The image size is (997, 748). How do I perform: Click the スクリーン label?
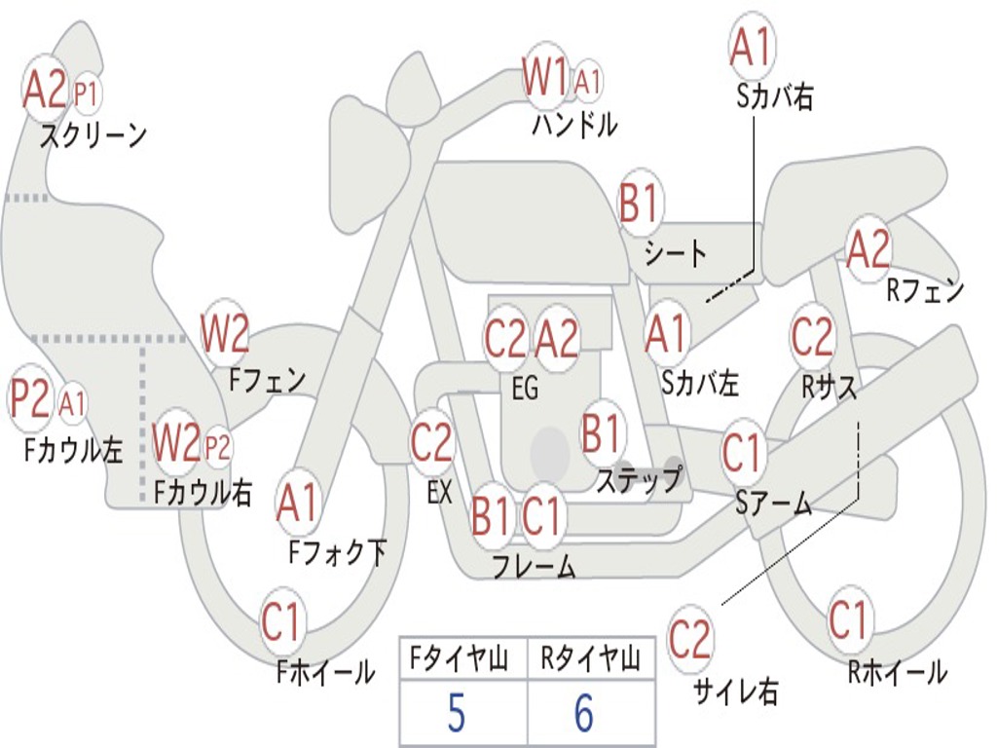93,134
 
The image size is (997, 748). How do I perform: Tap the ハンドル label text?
574,124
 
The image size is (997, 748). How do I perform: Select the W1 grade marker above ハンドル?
544,77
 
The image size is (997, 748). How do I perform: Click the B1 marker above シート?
639,203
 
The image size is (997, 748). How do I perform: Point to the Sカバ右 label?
774,96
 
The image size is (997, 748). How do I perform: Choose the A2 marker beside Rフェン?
868,248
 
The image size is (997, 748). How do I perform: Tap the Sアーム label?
773,504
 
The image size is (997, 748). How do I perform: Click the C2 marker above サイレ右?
689,639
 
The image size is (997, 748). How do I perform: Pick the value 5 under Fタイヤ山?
456,713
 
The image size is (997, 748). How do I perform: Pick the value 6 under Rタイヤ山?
584,713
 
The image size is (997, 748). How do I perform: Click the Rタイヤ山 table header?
590,658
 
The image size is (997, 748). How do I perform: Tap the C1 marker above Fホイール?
280,621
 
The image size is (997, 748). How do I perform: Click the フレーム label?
535,566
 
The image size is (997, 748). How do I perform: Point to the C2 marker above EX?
431,442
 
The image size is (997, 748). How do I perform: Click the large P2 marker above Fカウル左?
30,398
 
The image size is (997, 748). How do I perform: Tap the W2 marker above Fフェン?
225,333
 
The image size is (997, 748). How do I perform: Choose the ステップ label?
639,479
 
